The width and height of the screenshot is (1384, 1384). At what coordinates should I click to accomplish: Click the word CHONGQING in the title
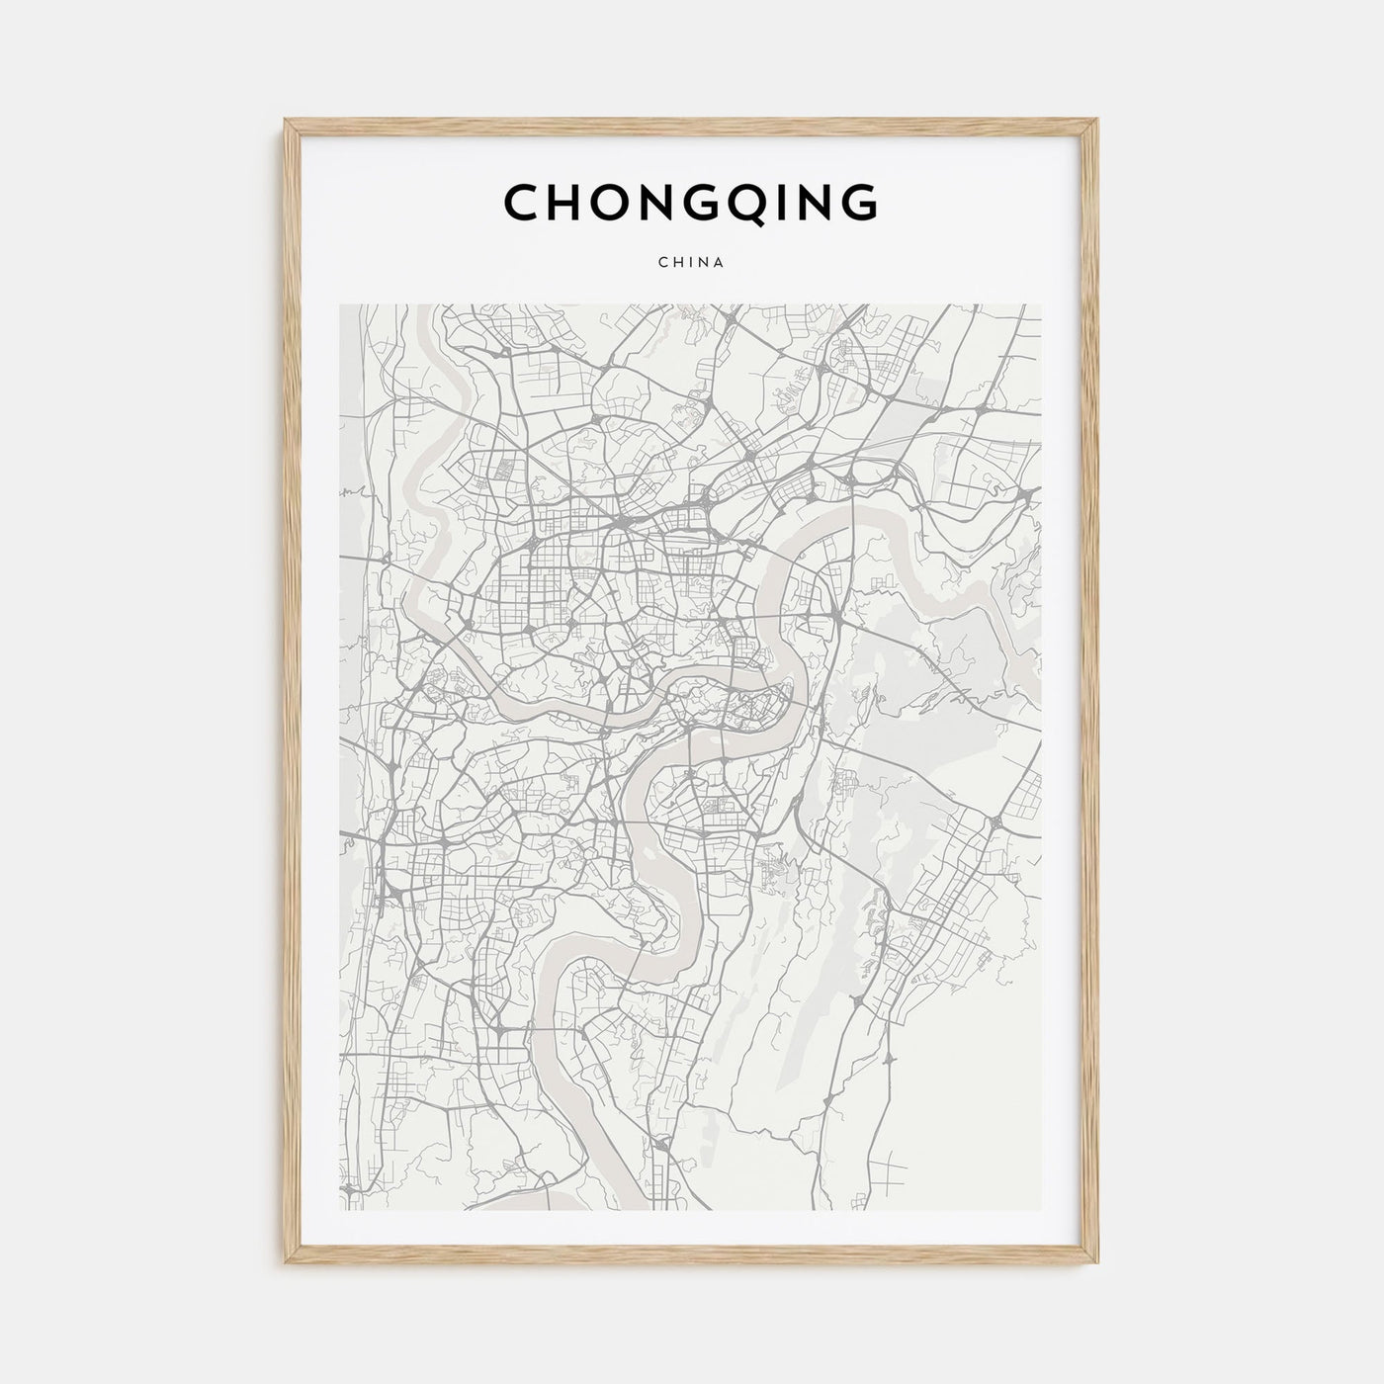point(691,202)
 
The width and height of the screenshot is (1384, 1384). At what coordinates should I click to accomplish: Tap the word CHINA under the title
point(691,263)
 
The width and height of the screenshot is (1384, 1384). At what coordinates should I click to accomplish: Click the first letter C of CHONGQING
point(521,202)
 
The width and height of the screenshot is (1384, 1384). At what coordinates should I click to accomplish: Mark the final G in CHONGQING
point(858,202)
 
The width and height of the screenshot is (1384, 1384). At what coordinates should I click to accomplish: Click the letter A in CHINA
point(722,263)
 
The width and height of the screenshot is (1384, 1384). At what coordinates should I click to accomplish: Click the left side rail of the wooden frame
point(291,692)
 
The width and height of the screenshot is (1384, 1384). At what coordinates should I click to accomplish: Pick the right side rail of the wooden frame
point(1092,692)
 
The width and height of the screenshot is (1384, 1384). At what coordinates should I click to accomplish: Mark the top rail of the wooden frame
point(691,126)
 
